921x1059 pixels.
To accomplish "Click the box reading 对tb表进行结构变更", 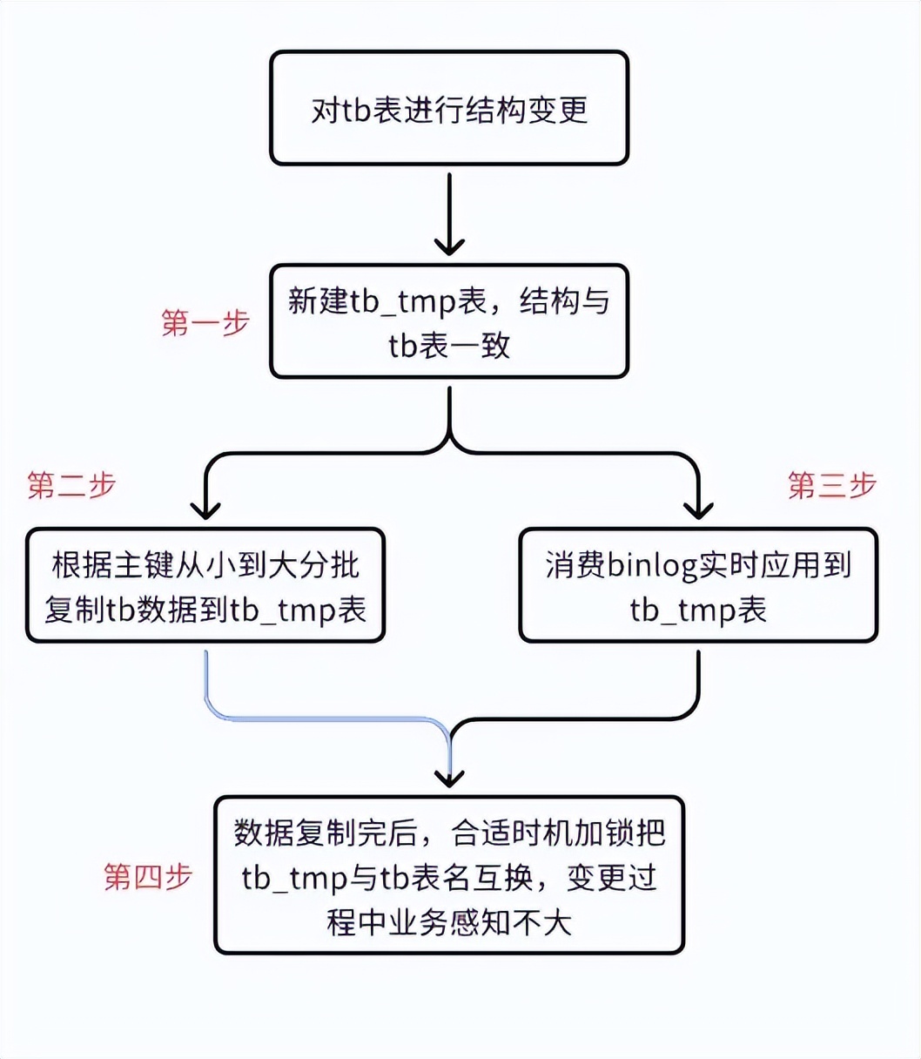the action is coord(449,108).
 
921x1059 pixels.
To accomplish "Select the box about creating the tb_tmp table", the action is coord(449,321).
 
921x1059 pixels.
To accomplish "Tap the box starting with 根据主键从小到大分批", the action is coord(205,585).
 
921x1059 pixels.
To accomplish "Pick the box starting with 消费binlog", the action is coord(698,585).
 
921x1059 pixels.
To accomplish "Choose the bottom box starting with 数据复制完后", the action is coord(449,874).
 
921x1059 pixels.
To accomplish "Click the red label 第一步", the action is coord(205,323).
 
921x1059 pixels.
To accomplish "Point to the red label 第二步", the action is coord(71,485).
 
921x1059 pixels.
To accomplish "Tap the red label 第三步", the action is coord(832,485).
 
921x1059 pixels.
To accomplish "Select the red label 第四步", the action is coord(148,877).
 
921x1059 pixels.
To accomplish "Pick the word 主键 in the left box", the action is coord(144,564).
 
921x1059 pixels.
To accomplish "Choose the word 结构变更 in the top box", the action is coord(527,110).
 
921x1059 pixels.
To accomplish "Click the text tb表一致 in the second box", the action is coord(449,346).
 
